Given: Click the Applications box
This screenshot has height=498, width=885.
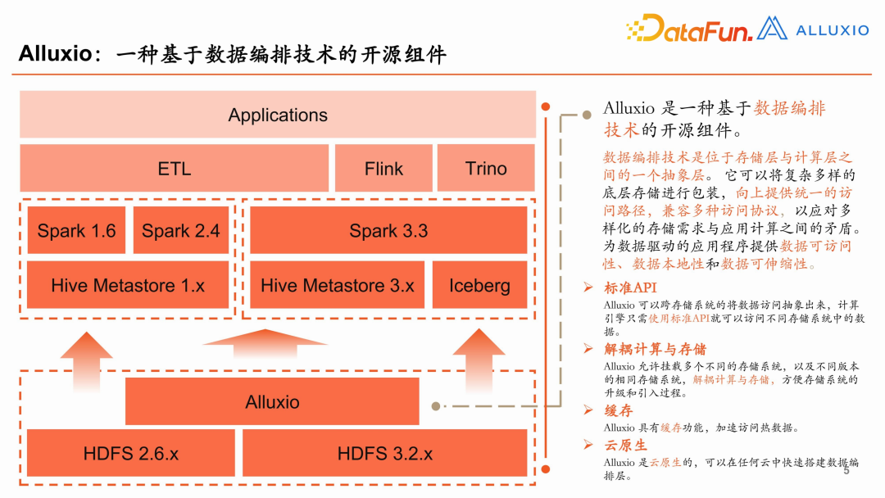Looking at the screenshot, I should tap(278, 115).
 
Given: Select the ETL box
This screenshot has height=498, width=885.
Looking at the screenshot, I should tap(174, 169).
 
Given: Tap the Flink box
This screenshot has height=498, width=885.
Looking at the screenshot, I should tap(383, 169).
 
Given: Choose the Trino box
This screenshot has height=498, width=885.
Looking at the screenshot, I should tap(486, 169).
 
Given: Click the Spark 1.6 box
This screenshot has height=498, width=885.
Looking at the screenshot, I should tap(76, 231).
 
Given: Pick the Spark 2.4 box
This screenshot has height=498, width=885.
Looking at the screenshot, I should tap(181, 231).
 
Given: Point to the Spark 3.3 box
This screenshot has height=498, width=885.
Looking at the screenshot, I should tap(388, 231).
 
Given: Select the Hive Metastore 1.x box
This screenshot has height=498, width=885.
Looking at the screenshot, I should tap(128, 286).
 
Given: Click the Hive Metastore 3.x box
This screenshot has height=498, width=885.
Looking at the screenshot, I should tap(338, 286).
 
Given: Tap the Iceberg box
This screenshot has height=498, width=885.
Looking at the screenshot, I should tap(479, 286).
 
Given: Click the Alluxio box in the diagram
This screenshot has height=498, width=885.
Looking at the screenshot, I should tap(272, 402).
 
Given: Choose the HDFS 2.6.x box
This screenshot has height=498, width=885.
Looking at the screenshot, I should tap(130, 453).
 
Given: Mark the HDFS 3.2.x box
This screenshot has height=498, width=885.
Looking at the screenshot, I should tap(385, 453).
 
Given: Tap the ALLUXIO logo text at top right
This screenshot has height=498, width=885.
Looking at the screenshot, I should tap(832, 30).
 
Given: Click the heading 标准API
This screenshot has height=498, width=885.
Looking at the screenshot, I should tap(630, 288).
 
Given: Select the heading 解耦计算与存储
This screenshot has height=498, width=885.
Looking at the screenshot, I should tap(655, 349).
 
